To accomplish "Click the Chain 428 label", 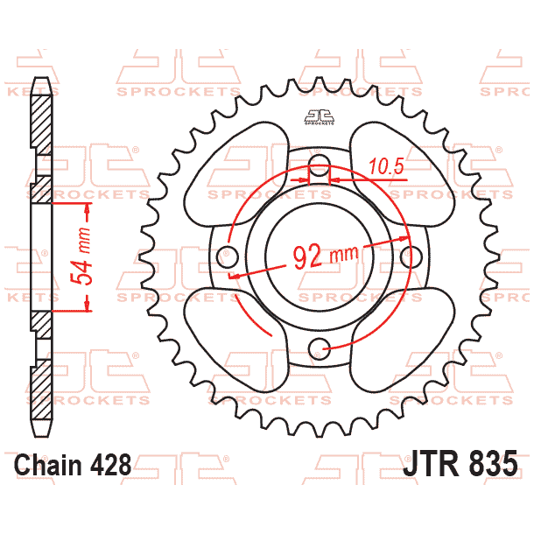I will pos(73,464).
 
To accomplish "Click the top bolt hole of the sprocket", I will pos(320,163).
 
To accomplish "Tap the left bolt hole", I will pos(228,258).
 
